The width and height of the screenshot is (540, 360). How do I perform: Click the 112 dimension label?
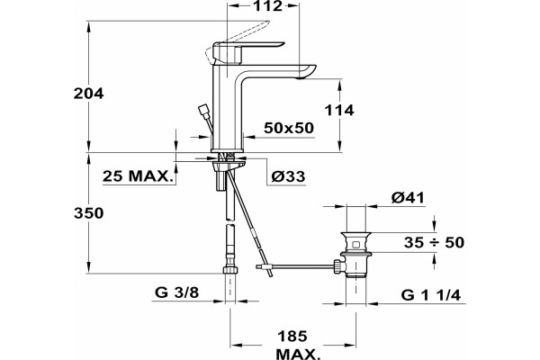pyautogui.click(x=267, y=6)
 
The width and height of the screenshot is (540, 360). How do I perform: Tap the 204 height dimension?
pyautogui.click(x=88, y=94)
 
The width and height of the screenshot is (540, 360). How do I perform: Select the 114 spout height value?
pyautogui.click(x=339, y=110)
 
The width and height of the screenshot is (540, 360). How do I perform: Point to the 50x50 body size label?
pyautogui.click(x=289, y=128)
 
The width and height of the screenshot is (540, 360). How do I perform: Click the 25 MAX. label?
pyautogui.click(x=138, y=176)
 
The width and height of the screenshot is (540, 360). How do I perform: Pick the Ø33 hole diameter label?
pyautogui.click(x=288, y=176)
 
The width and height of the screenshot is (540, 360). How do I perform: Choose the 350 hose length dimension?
pyautogui.click(x=88, y=213)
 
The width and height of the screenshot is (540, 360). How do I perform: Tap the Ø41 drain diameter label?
pyautogui.click(x=408, y=198)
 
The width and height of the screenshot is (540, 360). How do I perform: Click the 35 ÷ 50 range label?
pyautogui.click(x=435, y=242)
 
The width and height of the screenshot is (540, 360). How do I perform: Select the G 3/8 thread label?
pyautogui.click(x=177, y=292)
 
